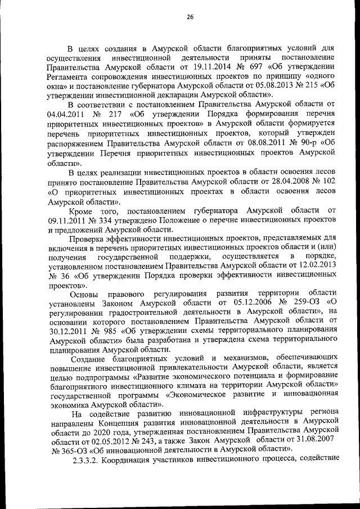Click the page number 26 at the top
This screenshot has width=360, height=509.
coord(190,17)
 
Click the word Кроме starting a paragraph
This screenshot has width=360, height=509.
coord(83,209)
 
